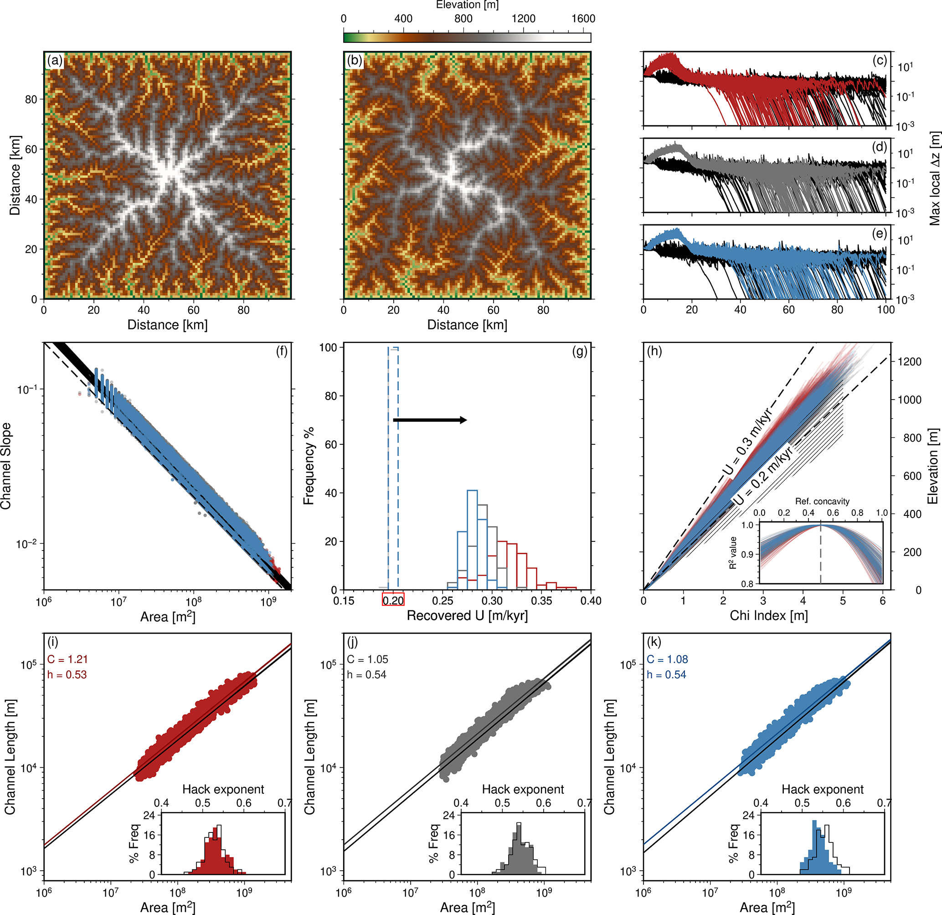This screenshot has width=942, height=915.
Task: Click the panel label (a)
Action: pyautogui.click(x=54, y=61)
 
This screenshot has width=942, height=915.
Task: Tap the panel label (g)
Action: pyautogui.click(x=580, y=352)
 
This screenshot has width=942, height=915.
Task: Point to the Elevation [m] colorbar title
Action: pyautogui.click(x=467, y=5)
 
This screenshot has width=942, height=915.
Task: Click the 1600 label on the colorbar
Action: pyautogui.click(x=583, y=19)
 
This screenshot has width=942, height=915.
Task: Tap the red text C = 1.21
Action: pyautogui.click(x=67, y=659)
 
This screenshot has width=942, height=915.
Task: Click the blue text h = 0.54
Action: pyautogui.click(x=666, y=675)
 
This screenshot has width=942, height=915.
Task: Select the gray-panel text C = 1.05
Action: pyautogui.click(x=367, y=659)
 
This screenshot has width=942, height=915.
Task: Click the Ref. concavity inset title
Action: pyautogui.click(x=822, y=501)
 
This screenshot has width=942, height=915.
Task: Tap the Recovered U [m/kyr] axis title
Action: pyautogui.click(x=467, y=616)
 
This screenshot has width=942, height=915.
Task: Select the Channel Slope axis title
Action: pyautogui.click(x=6, y=466)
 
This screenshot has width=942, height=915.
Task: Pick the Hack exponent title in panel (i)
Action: pyautogui.click(x=223, y=789)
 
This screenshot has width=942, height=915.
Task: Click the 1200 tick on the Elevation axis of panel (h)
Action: pyautogui.click(x=909, y=362)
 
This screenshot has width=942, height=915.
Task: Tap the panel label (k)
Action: pyautogui.click(x=654, y=642)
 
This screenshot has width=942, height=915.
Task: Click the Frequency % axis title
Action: pyautogui.click(x=309, y=466)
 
